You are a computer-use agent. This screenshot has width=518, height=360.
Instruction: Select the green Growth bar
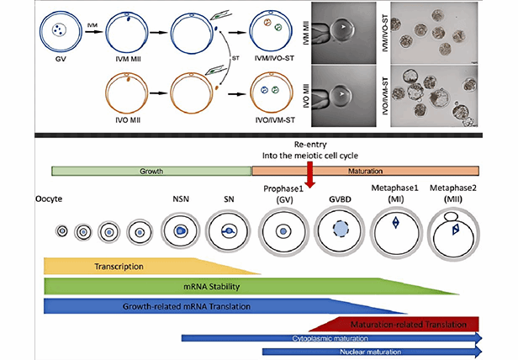click(x=151, y=170)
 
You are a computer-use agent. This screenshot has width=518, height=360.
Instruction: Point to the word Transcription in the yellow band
click(x=118, y=267)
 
